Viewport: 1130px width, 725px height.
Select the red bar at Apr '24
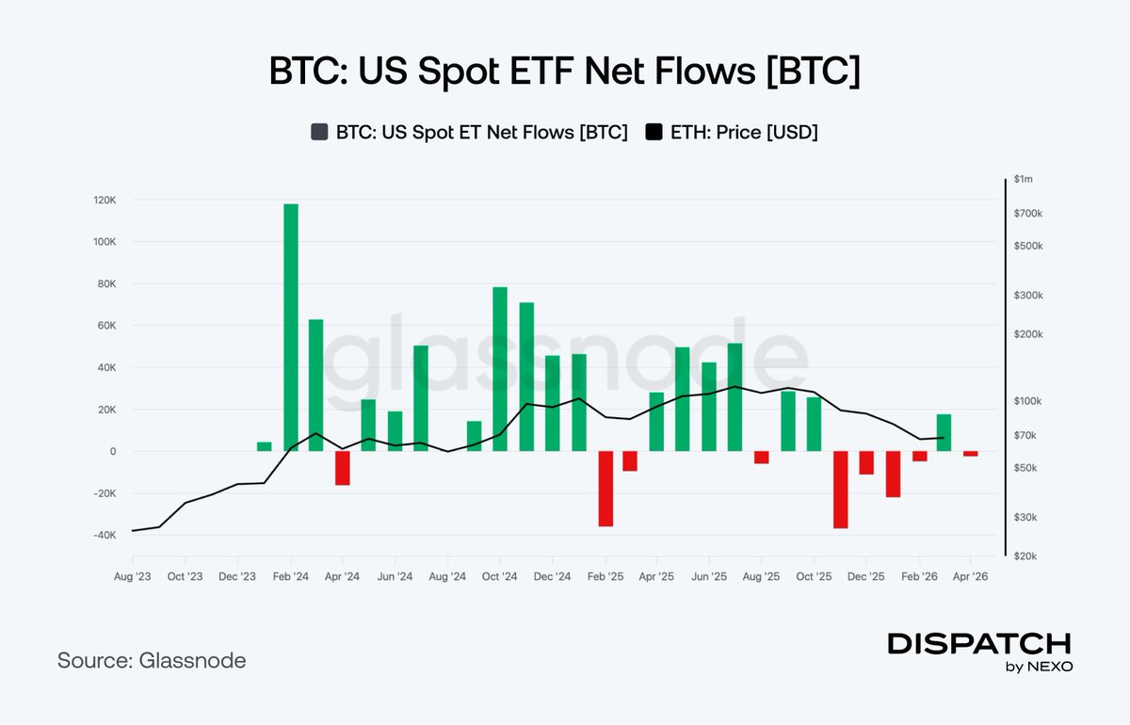343,468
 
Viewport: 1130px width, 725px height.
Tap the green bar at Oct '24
500,369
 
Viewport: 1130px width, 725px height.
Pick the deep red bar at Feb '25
605,489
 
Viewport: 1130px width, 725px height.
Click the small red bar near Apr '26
970,454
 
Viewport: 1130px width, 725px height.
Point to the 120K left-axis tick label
103,200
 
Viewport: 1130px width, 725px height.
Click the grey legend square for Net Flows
319,133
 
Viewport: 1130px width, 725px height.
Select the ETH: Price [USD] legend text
744,133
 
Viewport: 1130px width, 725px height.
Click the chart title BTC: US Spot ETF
564,73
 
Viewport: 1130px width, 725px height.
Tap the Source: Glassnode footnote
152,661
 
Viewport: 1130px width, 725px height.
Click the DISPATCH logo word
979,644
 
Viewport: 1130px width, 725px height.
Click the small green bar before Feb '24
265,446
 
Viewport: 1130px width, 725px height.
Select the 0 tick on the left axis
112,451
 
